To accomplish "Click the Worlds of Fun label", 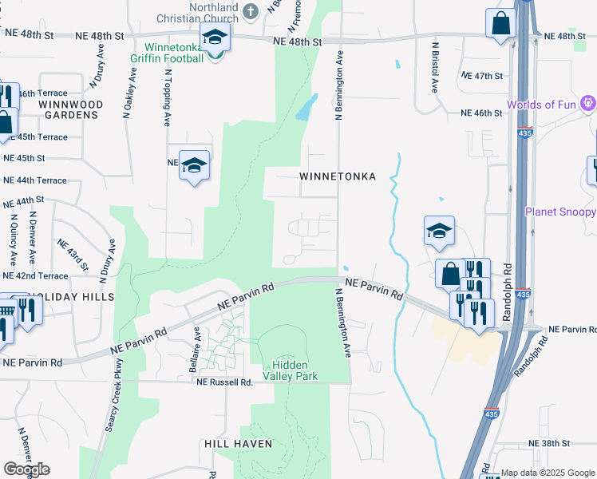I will (542, 105).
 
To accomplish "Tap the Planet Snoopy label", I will (560, 212).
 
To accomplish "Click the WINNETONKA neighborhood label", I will (338, 176).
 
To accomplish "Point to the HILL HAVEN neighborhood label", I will (238, 443).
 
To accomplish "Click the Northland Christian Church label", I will (204, 13).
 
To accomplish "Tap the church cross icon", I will (251, 12).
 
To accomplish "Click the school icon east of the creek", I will (439, 232).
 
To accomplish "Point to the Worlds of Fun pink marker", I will (588, 103).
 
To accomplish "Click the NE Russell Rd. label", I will (225, 382).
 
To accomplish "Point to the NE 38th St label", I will (548, 443).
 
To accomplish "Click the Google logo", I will (26, 469).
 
